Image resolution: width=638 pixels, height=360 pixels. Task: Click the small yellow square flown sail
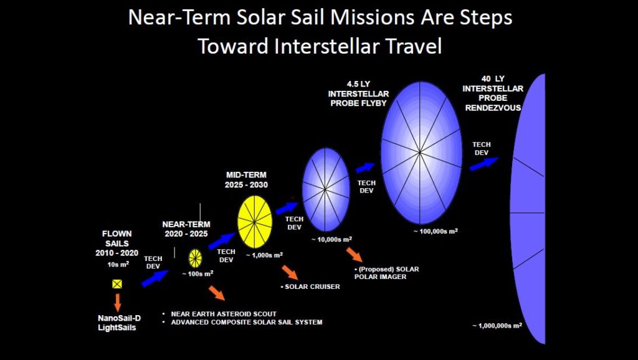[x=117, y=284]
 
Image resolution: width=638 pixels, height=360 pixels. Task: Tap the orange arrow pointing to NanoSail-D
[x=118, y=302]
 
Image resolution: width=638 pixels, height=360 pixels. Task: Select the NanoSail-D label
[x=119, y=318]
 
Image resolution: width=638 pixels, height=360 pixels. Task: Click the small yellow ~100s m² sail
[x=195, y=258]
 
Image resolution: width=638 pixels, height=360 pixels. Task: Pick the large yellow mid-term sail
[x=255, y=222]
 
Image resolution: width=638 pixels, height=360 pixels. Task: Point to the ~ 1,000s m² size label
[x=264, y=255]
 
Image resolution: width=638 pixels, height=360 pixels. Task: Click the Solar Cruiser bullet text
[x=310, y=287]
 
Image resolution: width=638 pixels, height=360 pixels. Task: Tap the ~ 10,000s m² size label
[x=331, y=240]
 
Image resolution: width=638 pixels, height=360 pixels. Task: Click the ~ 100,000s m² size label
[x=436, y=231]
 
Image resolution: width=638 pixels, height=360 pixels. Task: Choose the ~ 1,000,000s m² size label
[x=497, y=325]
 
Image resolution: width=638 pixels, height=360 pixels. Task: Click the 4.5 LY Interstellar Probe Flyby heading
[x=358, y=93]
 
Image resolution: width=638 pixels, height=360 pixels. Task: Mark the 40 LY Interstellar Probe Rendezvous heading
[x=493, y=93]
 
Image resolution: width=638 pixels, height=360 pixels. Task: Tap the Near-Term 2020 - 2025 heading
[x=186, y=229]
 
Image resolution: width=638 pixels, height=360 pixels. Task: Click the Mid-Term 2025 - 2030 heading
[x=246, y=180]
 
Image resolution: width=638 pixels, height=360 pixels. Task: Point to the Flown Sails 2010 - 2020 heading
[x=117, y=244]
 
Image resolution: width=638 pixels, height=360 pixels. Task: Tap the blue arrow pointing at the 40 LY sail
[x=483, y=164]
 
